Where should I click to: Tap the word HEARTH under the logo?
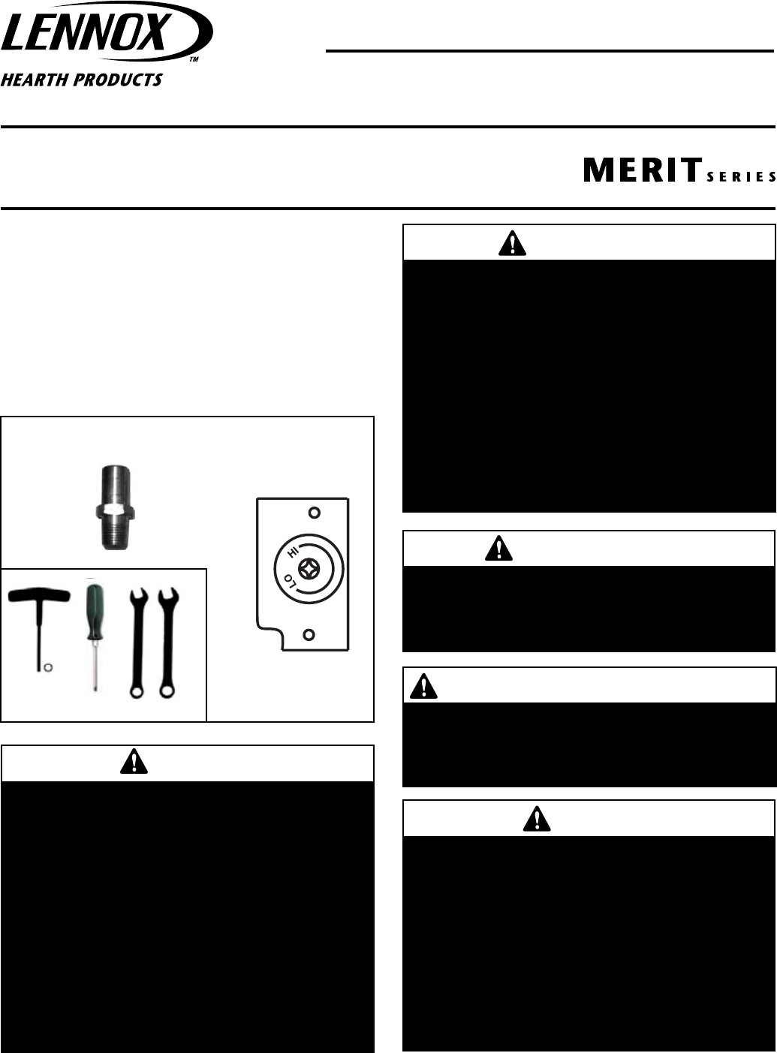(35, 80)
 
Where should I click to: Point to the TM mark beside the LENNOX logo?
(193, 58)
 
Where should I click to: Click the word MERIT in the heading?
(642, 170)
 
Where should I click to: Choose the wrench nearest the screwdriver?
(137, 642)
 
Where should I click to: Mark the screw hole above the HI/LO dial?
(315, 513)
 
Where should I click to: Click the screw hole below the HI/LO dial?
(308, 635)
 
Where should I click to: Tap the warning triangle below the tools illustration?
(134, 763)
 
